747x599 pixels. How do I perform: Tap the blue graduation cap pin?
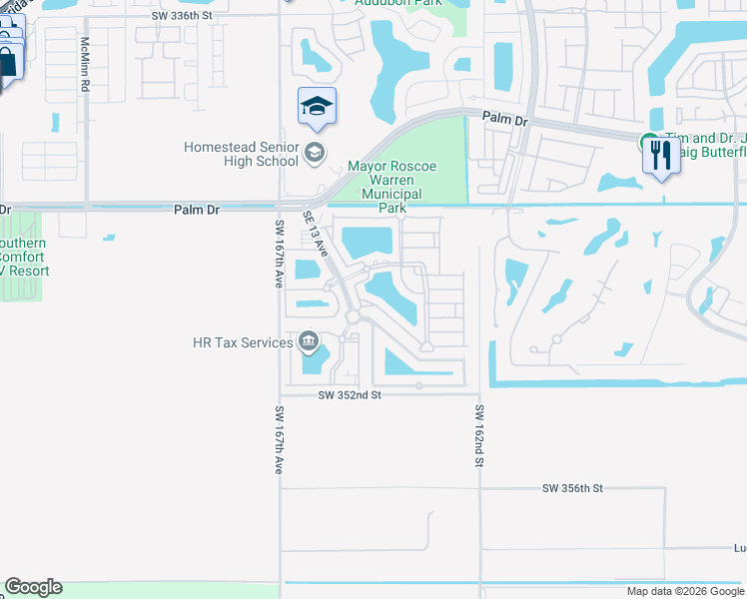click(317, 107)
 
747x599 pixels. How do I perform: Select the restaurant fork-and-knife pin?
click(660, 156)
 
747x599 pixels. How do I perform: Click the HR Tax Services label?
click(243, 342)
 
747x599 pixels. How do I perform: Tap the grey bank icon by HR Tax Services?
click(309, 343)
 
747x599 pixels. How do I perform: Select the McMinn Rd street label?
click(86, 66)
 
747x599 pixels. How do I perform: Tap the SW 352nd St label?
click(350, 395)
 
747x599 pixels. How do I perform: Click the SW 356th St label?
click(572, 488)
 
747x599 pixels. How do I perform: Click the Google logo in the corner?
click(33, 587)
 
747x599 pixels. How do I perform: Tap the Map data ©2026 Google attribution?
click(684, 591)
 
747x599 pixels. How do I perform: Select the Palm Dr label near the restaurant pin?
click(503, 119)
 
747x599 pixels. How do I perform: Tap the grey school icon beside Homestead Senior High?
click(314, 153)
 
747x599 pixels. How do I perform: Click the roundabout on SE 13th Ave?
click(352, 317)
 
